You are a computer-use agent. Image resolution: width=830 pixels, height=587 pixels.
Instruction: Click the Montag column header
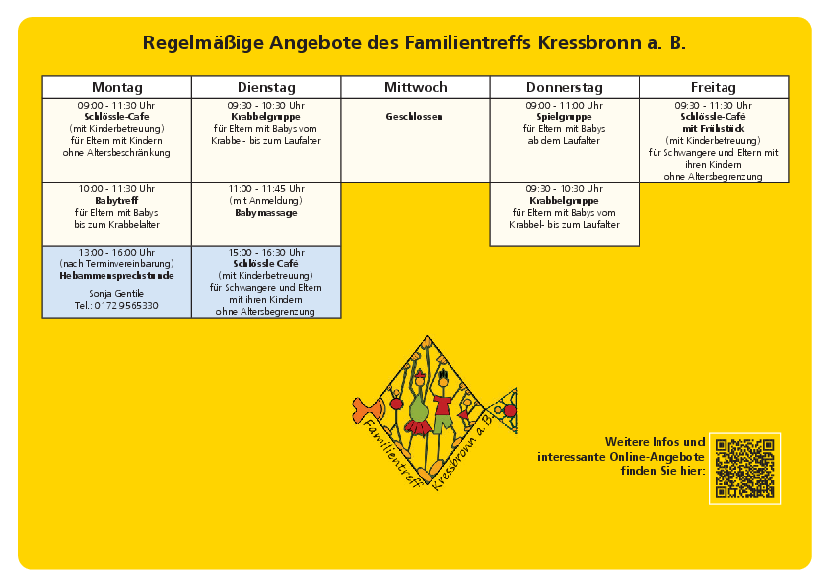point(116,87)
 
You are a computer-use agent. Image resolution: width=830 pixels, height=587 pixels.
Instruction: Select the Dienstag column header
point(266,87)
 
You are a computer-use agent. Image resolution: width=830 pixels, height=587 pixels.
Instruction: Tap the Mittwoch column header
point(415,87)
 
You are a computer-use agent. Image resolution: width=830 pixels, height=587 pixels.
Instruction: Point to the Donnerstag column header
point(564,87)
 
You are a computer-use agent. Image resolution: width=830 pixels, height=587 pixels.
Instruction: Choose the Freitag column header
point(714,87)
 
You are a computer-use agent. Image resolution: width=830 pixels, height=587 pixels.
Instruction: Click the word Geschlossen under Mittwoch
point(414,116)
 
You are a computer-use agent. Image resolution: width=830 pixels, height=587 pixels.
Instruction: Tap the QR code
point(744,469)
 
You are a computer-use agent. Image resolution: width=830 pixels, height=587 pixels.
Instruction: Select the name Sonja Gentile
point(116,294)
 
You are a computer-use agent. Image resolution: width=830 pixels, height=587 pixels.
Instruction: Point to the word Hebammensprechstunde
point(116,276)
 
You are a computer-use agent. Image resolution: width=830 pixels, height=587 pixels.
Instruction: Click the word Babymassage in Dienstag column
point(265,212)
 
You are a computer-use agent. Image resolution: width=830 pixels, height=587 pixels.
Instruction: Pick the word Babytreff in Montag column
point(116,200)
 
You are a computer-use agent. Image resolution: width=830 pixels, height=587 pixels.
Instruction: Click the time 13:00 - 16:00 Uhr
point(116,253)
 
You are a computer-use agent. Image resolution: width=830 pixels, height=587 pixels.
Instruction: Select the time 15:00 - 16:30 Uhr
point(265,253)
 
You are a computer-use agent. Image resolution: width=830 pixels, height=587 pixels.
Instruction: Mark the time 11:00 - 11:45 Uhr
point(265,188)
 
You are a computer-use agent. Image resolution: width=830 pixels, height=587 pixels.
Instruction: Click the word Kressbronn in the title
point(591,43)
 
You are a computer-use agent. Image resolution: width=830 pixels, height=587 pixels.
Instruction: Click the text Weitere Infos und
point(655,442)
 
